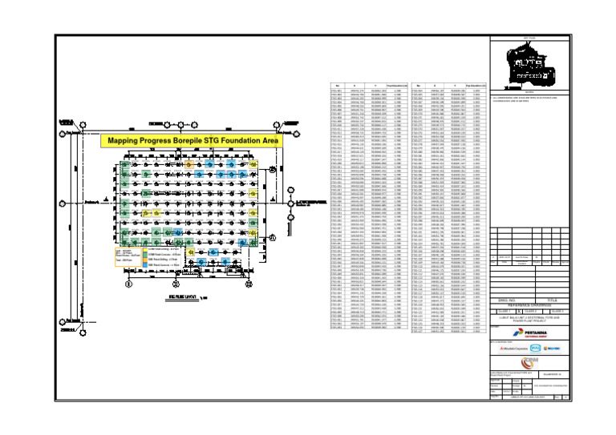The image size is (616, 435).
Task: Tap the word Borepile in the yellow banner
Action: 201,140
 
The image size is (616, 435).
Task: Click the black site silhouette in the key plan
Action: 530,58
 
